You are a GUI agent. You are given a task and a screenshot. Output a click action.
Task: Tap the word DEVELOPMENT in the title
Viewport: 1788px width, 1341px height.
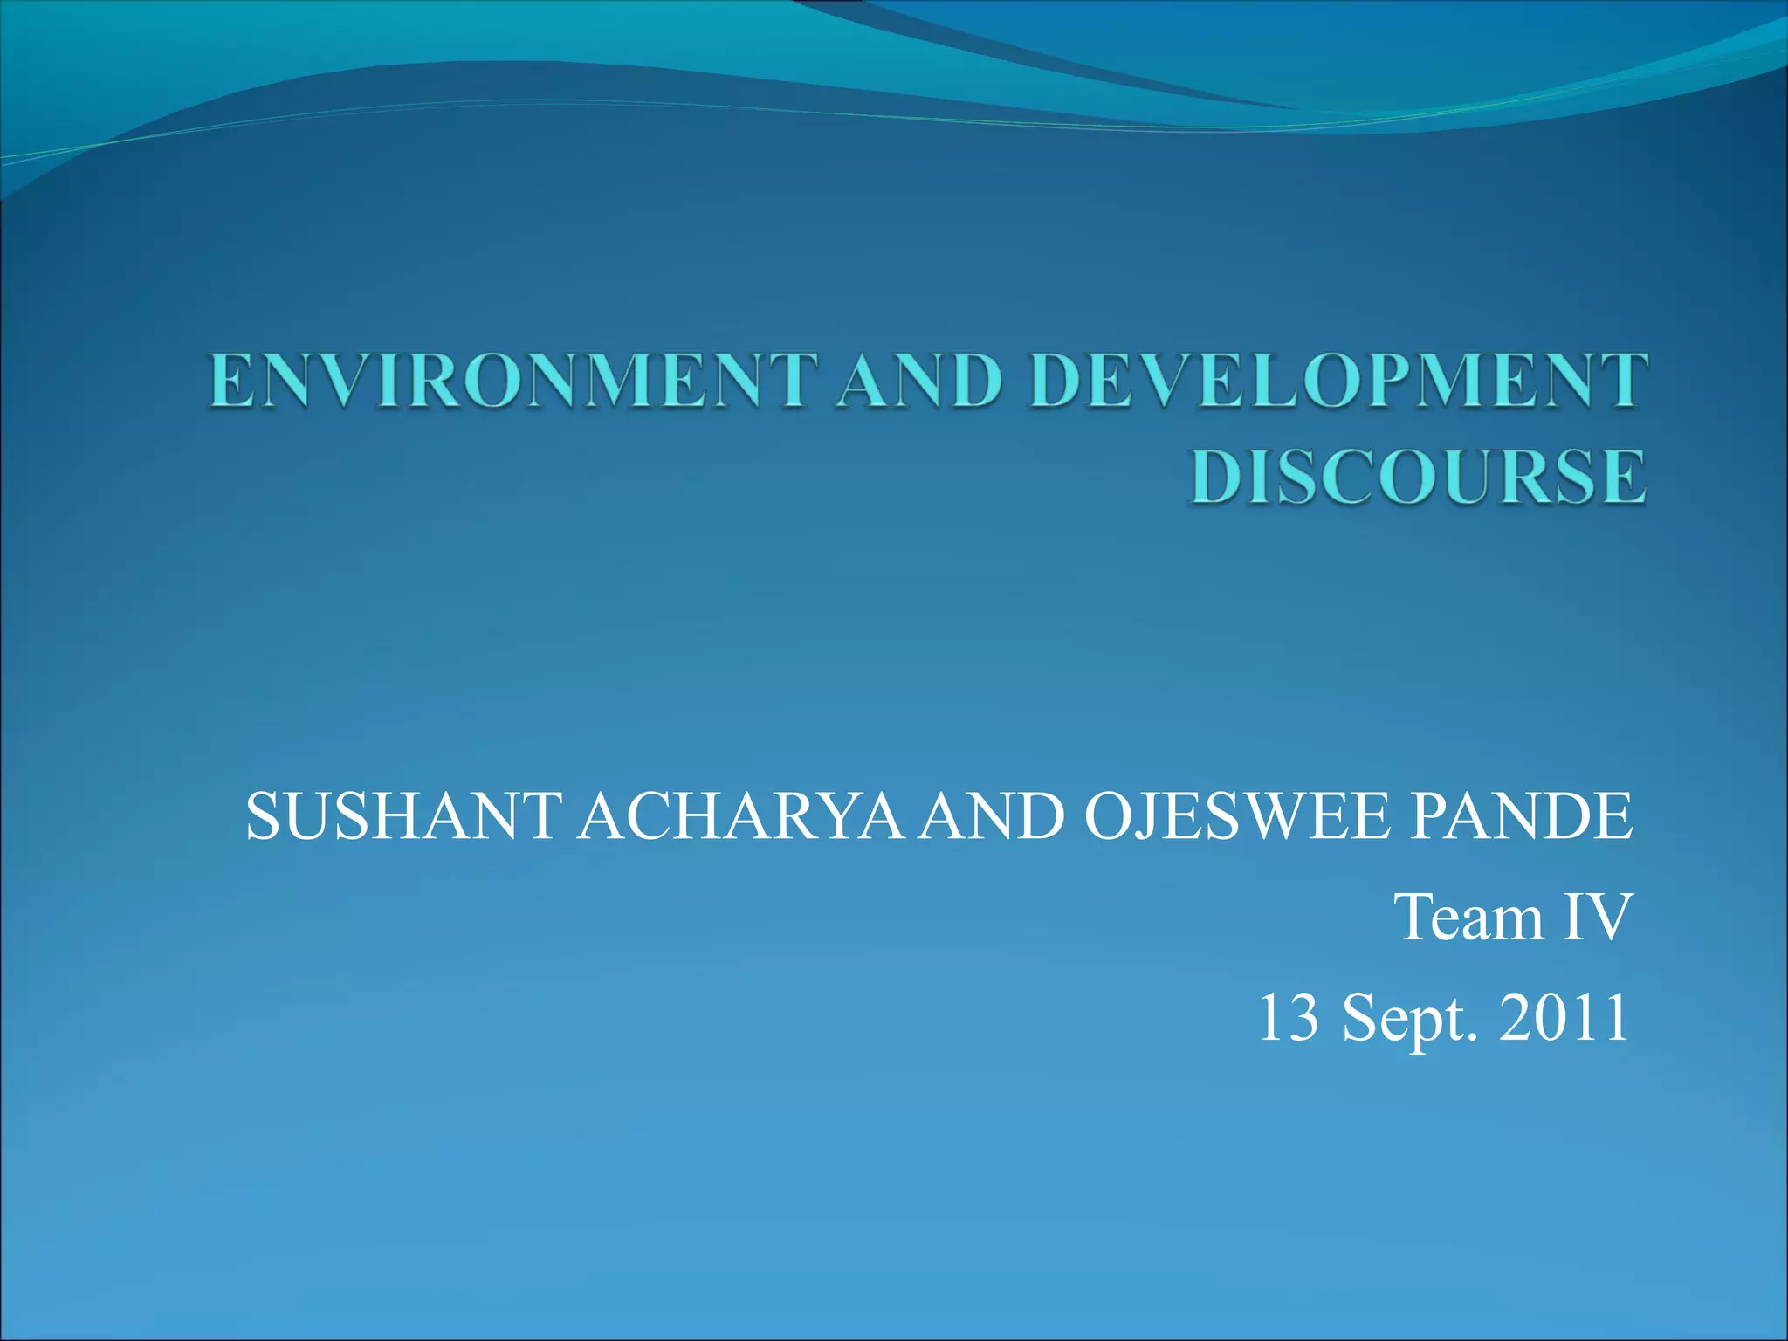click(x=1340, y=382)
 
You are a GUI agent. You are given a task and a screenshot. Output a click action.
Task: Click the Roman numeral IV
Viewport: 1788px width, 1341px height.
click(x=1597, y=918)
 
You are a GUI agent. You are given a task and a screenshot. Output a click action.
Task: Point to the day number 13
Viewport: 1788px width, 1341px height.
click(x=1288, y=1018)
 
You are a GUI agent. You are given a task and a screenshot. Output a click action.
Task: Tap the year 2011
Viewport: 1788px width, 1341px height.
click(x=1564, y=1018)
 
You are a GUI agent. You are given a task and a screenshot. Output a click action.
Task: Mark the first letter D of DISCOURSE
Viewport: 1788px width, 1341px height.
click(x=1219, y=477)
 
